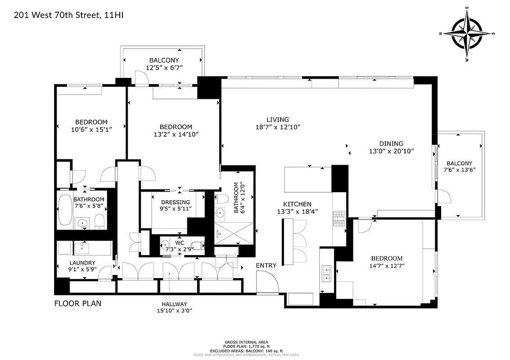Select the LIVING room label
[x=277, y=119]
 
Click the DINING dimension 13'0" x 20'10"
[x=390, y=151]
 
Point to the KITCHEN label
[x=297, y=204]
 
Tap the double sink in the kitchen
[x=327, y=272]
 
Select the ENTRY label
[x=266, y=265]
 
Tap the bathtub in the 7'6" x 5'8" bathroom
[x=65, y=211]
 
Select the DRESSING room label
[x=176, y=202]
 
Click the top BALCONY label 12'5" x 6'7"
[x=164, y=60]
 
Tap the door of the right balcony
[x=443, y=196]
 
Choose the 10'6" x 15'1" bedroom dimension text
[x=91, y=129]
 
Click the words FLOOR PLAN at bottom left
[x=78, y=303]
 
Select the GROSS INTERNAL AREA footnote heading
[x=255, y=342]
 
